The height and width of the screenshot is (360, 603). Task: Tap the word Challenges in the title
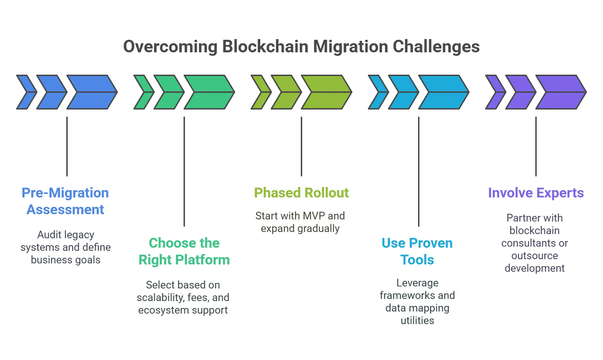(x=436, y=46)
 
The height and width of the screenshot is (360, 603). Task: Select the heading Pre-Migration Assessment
(x=65, y=201)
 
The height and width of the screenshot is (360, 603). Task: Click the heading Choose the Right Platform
(x=184, y=252)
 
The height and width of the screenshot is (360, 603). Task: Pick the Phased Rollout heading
(x=301, y=193)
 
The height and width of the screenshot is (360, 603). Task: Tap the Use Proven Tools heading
(x=417, y=252)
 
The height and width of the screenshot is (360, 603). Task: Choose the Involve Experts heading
(x=536, y=193)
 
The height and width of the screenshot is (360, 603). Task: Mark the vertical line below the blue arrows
(x=67, y=147)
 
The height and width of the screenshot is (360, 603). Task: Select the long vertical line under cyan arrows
(x=419, y=171)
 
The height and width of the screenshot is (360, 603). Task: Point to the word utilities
(x=417, y=321)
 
